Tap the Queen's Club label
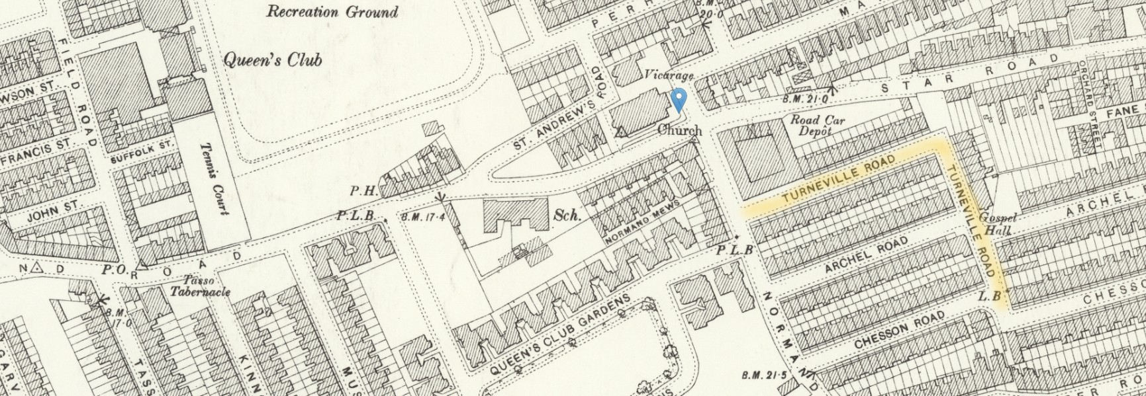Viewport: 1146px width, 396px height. coord(272,60)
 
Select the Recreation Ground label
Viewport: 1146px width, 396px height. coord(332,11)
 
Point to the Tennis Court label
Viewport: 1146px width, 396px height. coord(214,179)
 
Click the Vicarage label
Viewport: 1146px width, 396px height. coord(669,75)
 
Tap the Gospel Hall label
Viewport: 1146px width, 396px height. coord(996,223)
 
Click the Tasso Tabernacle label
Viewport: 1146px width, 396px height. coord(200,286)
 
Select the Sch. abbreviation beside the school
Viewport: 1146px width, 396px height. coord(567,215)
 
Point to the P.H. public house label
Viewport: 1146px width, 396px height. coord(363,191)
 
